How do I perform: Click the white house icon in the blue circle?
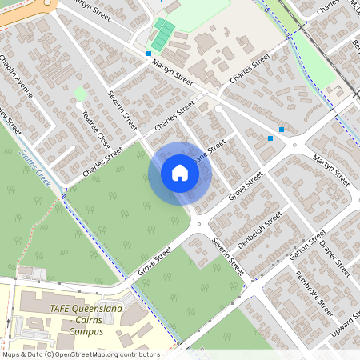(x=180, y=173)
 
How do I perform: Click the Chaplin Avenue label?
(x=17, y=76)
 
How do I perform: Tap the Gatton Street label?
(x=307, y=247)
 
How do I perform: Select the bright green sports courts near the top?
(x=163, y=34)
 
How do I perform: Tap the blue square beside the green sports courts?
(x=149, y=54)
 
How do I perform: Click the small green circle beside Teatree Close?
(x=80, y=94)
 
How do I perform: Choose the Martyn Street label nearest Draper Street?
(x=330, y=164)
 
